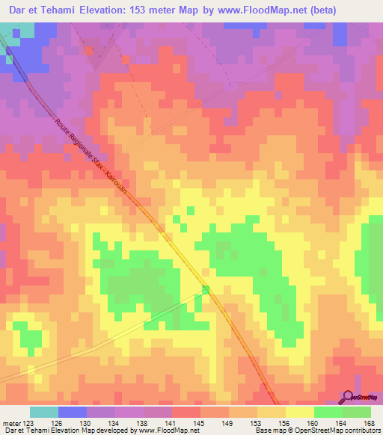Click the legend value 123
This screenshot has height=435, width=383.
click(x=28, y=423)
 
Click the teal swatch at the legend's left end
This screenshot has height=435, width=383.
click(x=43, y=412)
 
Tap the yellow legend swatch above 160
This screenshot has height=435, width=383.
click(x=299, y=412)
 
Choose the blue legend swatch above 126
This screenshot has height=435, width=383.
click(x=72, y=412)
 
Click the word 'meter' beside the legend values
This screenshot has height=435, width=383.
click(x=10, y=423)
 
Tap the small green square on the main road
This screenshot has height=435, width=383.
click(x=206, y=289)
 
